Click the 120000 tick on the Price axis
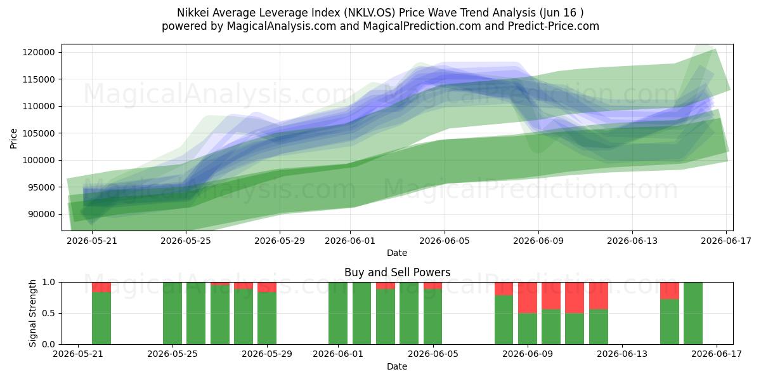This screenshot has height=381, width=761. [39, 52]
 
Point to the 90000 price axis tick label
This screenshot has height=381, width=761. [41, 215]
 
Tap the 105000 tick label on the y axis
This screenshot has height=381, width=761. [39, 133]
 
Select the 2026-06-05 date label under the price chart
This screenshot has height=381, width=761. [445, 241]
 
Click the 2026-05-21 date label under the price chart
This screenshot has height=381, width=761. [92, 241]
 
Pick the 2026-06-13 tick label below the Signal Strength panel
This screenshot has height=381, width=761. [622, 354]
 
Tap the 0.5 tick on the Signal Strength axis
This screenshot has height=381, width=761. [49, 313]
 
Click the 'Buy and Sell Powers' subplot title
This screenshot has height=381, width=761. [397, 272]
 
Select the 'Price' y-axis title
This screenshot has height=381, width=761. [13, 138]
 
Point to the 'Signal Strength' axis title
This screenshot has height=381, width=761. [32, 313]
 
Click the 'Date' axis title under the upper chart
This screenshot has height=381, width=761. [397, 253]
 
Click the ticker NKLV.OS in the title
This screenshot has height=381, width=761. [369, 13]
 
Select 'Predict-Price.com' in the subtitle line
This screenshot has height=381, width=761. [554, 26]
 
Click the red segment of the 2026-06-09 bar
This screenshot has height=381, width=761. [528, 298]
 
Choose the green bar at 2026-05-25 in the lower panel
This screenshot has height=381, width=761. [172, 313]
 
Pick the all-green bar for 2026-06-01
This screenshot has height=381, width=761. [338, 313]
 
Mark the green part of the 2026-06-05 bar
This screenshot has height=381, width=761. [433, 316]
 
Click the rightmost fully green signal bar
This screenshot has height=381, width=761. [693, 313]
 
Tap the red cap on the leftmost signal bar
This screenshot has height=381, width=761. [101, 287]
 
